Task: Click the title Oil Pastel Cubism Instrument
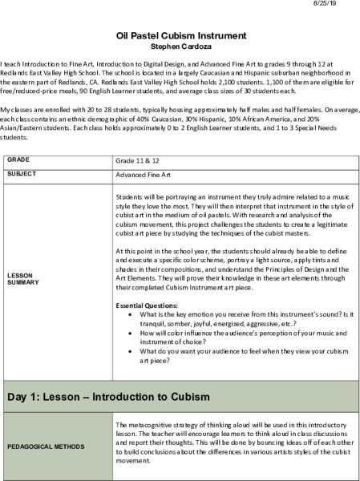point(179,36)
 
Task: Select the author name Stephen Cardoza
point(179,46)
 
